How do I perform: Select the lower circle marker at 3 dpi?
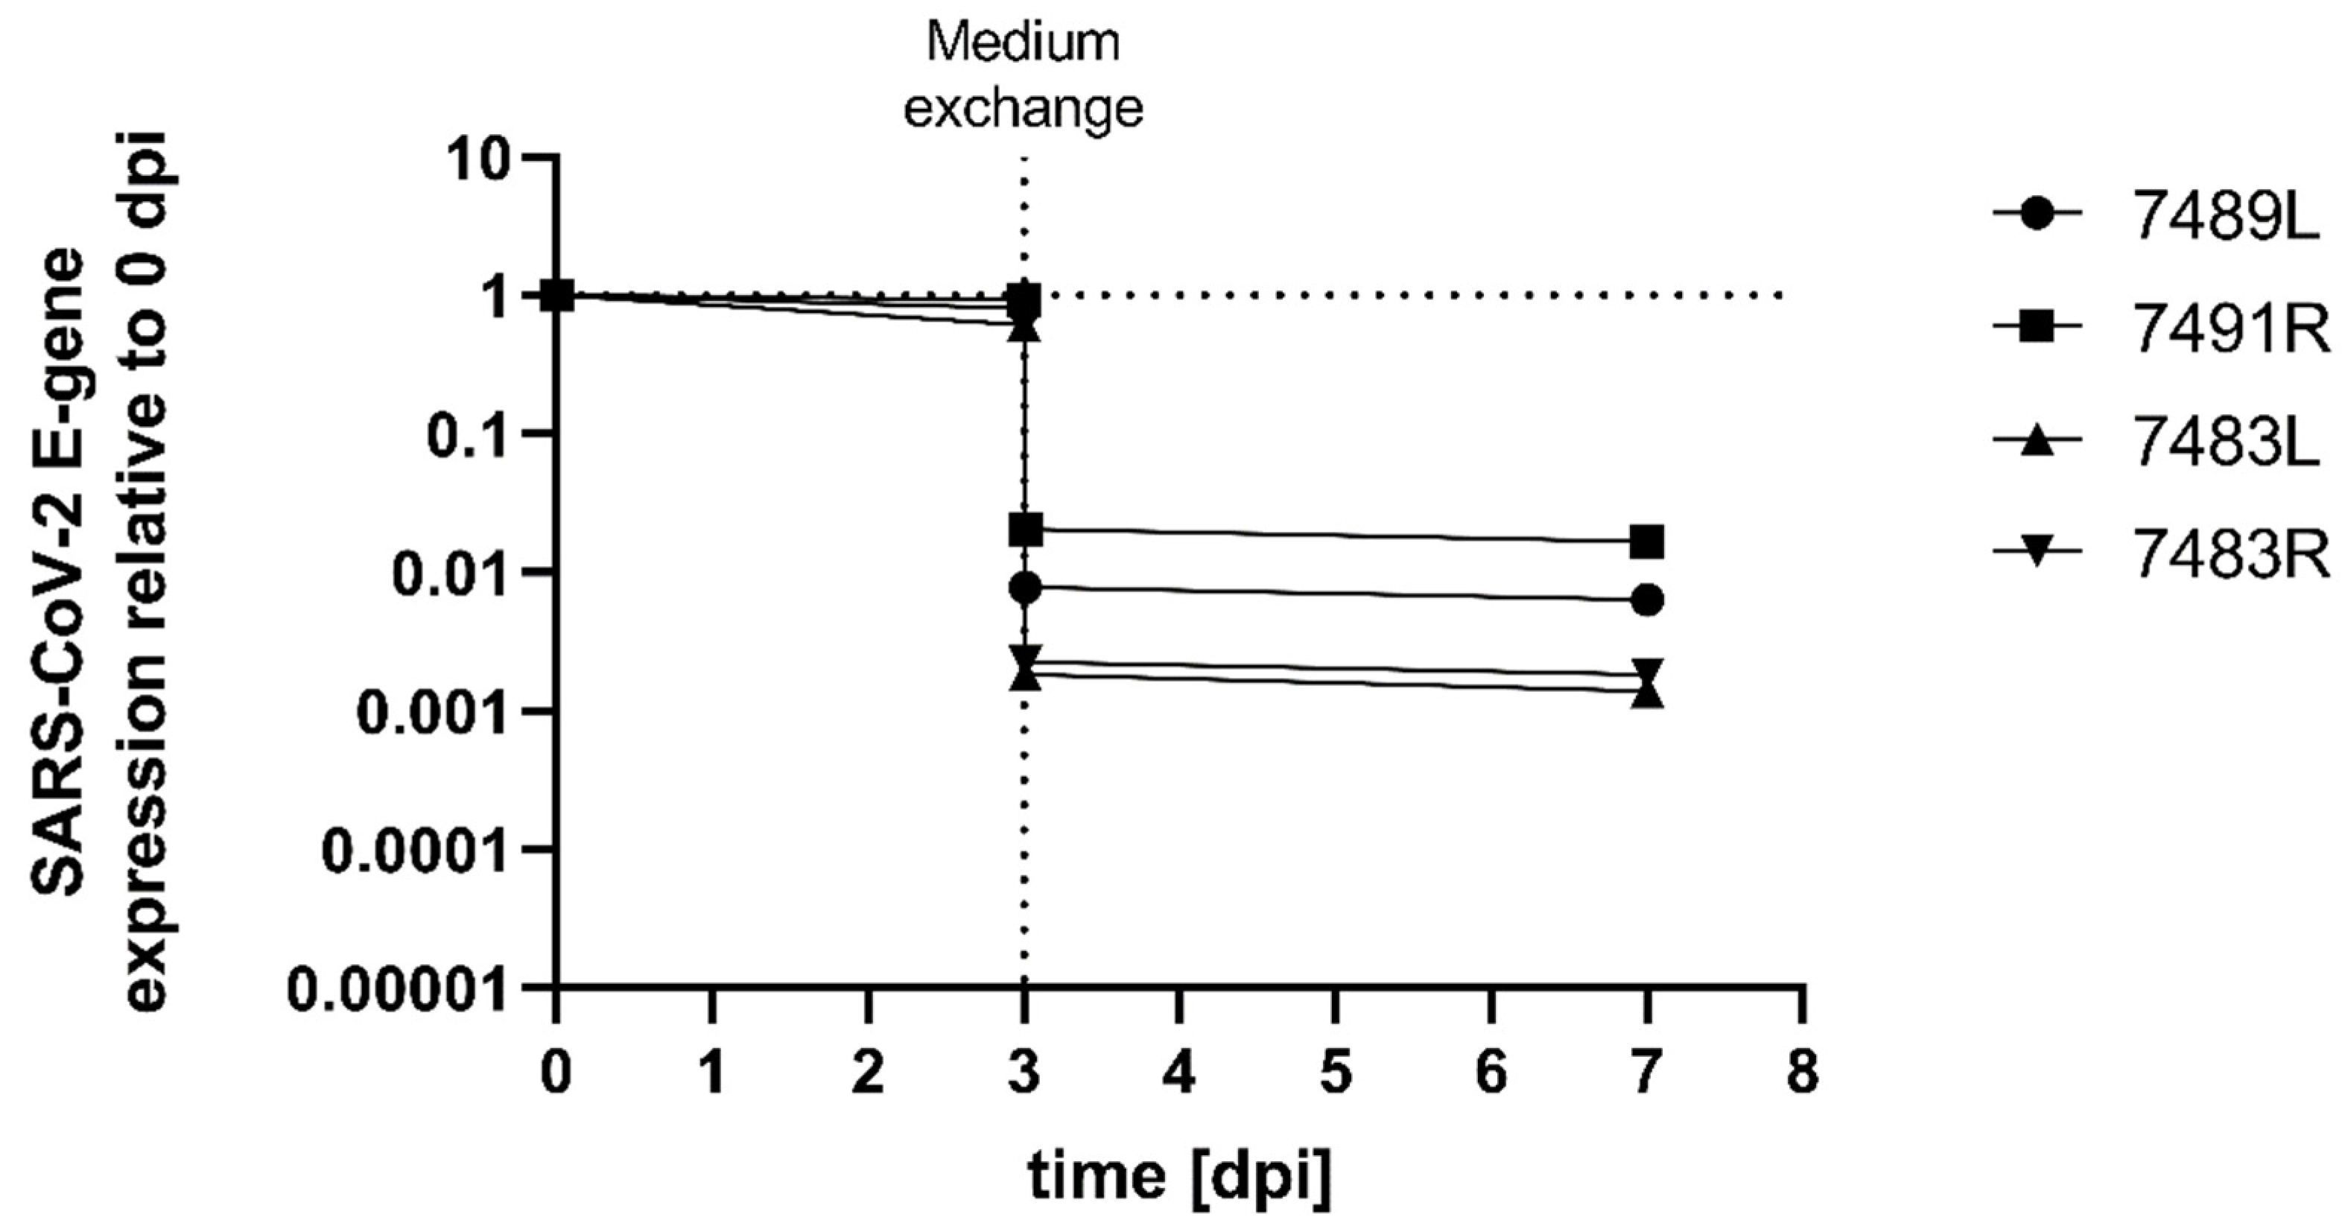coord(1026,588)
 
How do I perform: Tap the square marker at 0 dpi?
coord(557,295)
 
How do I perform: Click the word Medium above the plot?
coord(1024,44)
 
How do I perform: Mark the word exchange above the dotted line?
coord(1024,108)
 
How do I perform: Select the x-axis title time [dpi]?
coord(1180,1176)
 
